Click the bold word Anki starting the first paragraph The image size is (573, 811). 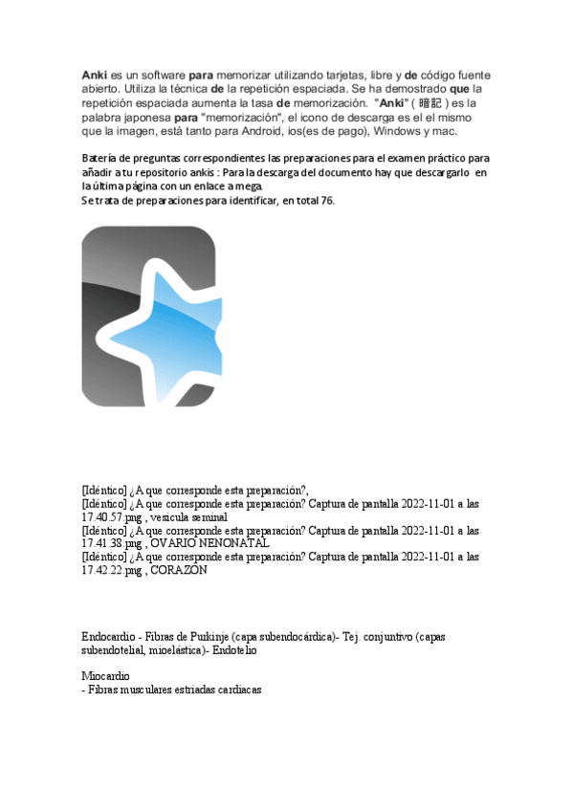[x=94, y=74]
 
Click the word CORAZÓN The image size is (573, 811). [x=179, y=570]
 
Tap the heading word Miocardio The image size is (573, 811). [x=105, y=676]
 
